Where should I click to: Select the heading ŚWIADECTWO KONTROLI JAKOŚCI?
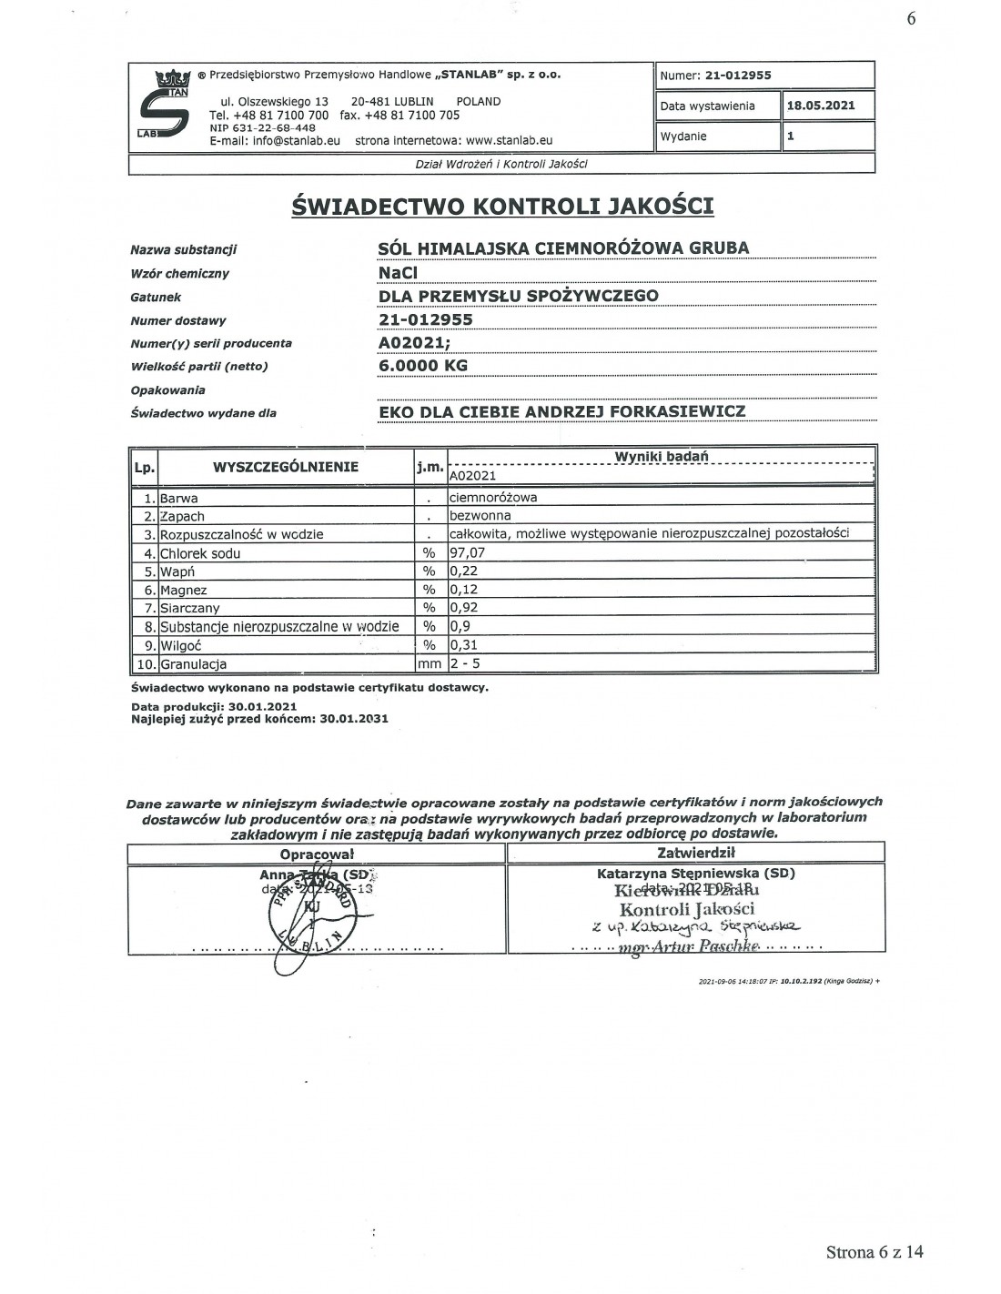point(502,206)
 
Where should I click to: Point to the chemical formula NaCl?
point(399,271)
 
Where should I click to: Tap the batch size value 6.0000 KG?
point(423,366)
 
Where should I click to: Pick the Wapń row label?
point(177,571)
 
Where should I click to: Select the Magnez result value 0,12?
point(463,590)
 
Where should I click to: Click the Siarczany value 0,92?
point(463,608)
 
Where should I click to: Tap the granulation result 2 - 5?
point(465,663)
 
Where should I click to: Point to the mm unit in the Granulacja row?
point(429,663)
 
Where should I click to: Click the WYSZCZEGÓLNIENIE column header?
point(285,468)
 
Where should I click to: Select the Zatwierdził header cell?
point(695,853)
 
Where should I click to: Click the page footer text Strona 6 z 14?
point(875,1252)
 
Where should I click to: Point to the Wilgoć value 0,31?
point(463,645)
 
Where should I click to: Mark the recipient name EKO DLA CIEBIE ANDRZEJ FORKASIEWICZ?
point(561,410)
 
